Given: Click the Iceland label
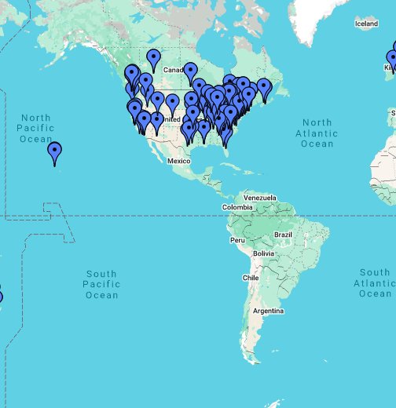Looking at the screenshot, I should tap(366, 24).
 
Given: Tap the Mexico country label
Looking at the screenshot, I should tap(179, 161).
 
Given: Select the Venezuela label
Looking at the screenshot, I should tap(260, 197).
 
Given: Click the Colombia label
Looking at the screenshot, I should tap(238, 207).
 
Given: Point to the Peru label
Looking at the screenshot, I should tap(237, 239).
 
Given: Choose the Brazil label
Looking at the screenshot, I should tap(282, 235).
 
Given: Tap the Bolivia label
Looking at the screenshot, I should tap(263, 254).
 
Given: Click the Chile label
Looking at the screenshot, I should tap(251, 278).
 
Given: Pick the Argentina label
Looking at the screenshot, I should tap(267, 311).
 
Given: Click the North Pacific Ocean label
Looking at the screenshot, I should tap(35, 129).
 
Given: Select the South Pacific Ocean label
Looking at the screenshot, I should tap(101, 284).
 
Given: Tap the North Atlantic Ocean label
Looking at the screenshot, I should tap(317, 133).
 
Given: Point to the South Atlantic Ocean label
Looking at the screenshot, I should tap(375, 282).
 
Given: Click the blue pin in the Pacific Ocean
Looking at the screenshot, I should tap(54, 151).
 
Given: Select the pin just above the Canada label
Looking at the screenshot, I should tap(154, 57).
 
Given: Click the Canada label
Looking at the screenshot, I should tap(172, 71).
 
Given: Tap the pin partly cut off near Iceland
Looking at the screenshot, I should tap(391, 58).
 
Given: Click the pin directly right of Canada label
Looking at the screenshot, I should tap(190, 73).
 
